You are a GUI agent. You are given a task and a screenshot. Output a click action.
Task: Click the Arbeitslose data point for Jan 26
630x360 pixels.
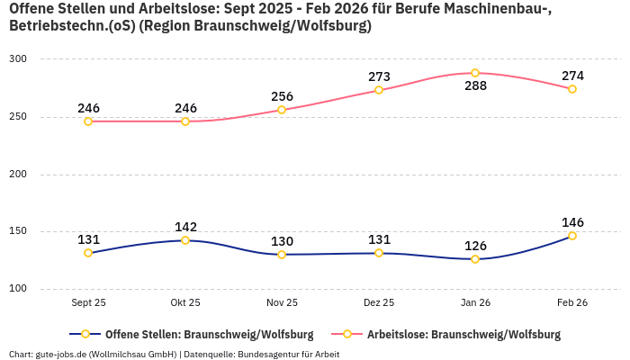click(x=475, y=73)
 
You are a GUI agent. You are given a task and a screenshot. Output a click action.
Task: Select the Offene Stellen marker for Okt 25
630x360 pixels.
click(x=185, y=240)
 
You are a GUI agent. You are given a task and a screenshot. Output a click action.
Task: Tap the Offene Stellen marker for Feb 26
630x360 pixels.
click(x=571, y=236)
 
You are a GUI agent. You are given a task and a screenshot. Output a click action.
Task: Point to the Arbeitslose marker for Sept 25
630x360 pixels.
click(x=88, y=121)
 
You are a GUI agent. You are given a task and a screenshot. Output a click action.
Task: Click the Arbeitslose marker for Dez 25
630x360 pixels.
click(x=379, y=90)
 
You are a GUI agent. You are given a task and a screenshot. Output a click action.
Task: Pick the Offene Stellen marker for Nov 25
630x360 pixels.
click(x=282, y=255)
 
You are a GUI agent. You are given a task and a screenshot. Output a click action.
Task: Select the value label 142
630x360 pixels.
click(x=185, y=227)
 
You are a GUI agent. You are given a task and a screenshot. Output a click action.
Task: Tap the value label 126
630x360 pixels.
click(x=475, y=246)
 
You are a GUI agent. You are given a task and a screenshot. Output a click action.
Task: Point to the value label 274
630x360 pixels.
click(x=572, y=76)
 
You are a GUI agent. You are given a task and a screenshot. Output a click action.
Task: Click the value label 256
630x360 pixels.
click(x=282, y=96)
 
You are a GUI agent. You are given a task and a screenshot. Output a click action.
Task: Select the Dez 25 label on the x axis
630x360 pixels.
click(x=379, y=303)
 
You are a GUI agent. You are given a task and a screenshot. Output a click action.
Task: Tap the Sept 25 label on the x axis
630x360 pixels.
click(x=88, y=303)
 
